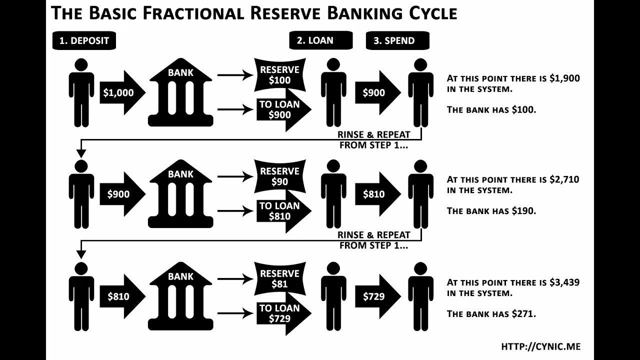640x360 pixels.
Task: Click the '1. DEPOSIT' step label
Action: pos(84,41)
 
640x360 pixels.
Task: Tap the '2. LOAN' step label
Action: pos(320,40)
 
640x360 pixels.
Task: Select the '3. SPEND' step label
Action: pos(397,40)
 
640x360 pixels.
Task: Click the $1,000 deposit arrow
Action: pos(120,92)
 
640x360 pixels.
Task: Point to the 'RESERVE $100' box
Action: pos(279,75)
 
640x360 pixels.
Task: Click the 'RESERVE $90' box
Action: pos(279,176)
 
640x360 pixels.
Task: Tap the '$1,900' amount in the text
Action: pos(564,78)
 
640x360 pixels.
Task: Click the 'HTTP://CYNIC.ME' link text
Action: pos(540,346)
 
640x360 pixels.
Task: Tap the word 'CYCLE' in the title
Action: pos(433,13)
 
